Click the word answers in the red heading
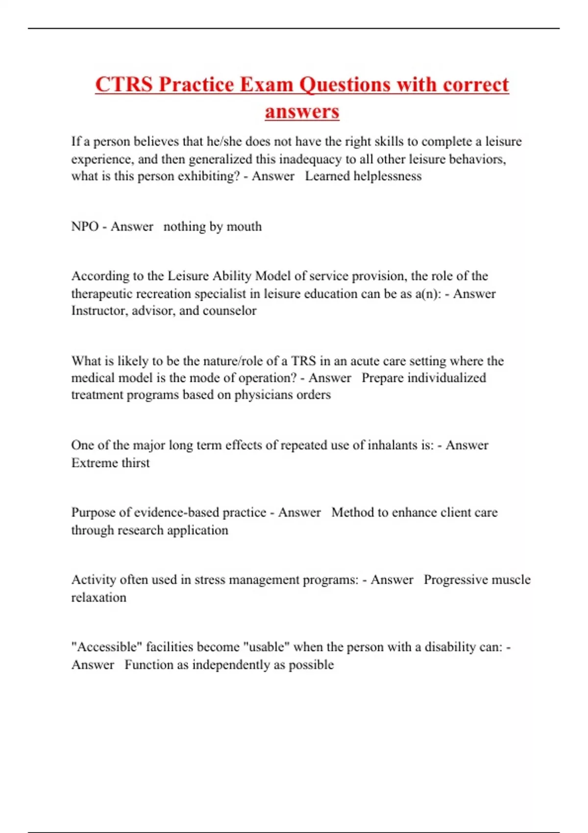click(x=302, y=111)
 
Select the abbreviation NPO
click(x=85, y=226)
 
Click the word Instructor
click(x=99, y=311)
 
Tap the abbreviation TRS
click(x=303, y=361)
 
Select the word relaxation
click(x=98, y=597)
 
